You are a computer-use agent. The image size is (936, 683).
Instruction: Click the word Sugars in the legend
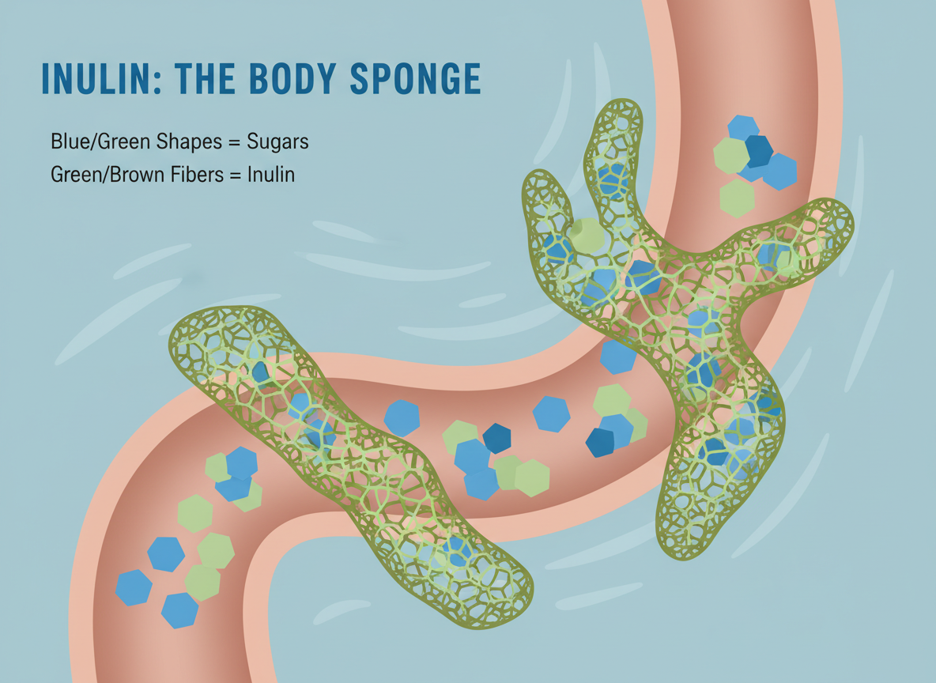point(277,142)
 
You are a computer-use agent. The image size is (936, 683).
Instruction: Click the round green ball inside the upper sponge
point(587,232)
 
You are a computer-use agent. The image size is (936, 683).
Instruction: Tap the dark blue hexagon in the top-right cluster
point(758,150)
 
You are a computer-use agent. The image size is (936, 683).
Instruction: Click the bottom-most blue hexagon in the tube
point(180,609)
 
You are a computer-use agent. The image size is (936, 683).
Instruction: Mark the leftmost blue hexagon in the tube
point(134,587)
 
